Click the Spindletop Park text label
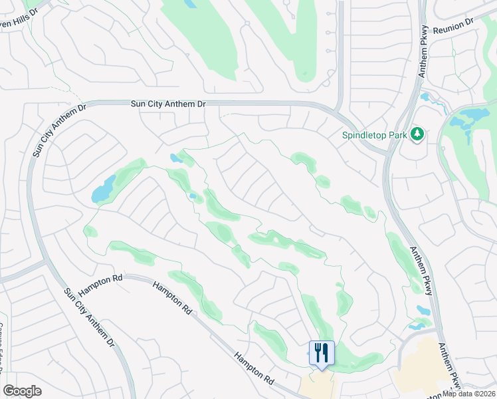pos(374,135)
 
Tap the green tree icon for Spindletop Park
pos(417,134)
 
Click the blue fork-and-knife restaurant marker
pos(322,352)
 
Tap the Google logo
pos(22,391)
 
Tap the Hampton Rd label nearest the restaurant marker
pos(254,368)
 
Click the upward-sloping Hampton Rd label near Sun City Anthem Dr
pos(102,285)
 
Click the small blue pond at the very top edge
pos(190,3)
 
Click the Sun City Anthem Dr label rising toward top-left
pos(55,130)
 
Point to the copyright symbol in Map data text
pos(467,394)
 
